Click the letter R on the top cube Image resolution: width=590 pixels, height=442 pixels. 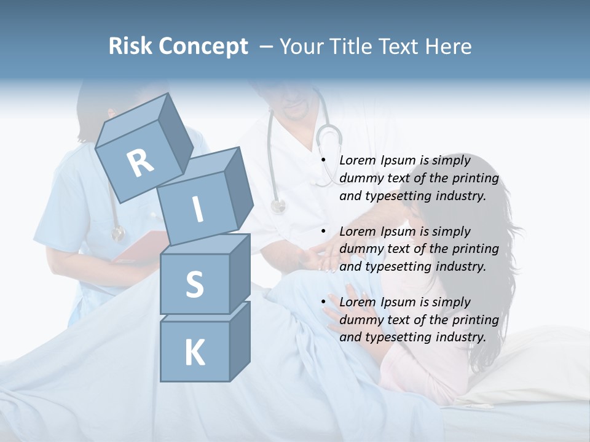[x=140, y=163]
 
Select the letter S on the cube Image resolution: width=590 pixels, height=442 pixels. [x=194, y=284]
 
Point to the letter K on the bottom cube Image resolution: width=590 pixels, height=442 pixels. [x=194, y=353]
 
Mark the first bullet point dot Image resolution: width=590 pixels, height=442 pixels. [x=324, y=161]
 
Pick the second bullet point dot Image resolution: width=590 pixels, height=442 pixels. [x=324, y=231]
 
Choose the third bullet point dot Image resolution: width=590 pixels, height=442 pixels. [x=324, y=302]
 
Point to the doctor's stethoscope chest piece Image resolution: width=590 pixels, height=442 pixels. [x=278, y=206]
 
